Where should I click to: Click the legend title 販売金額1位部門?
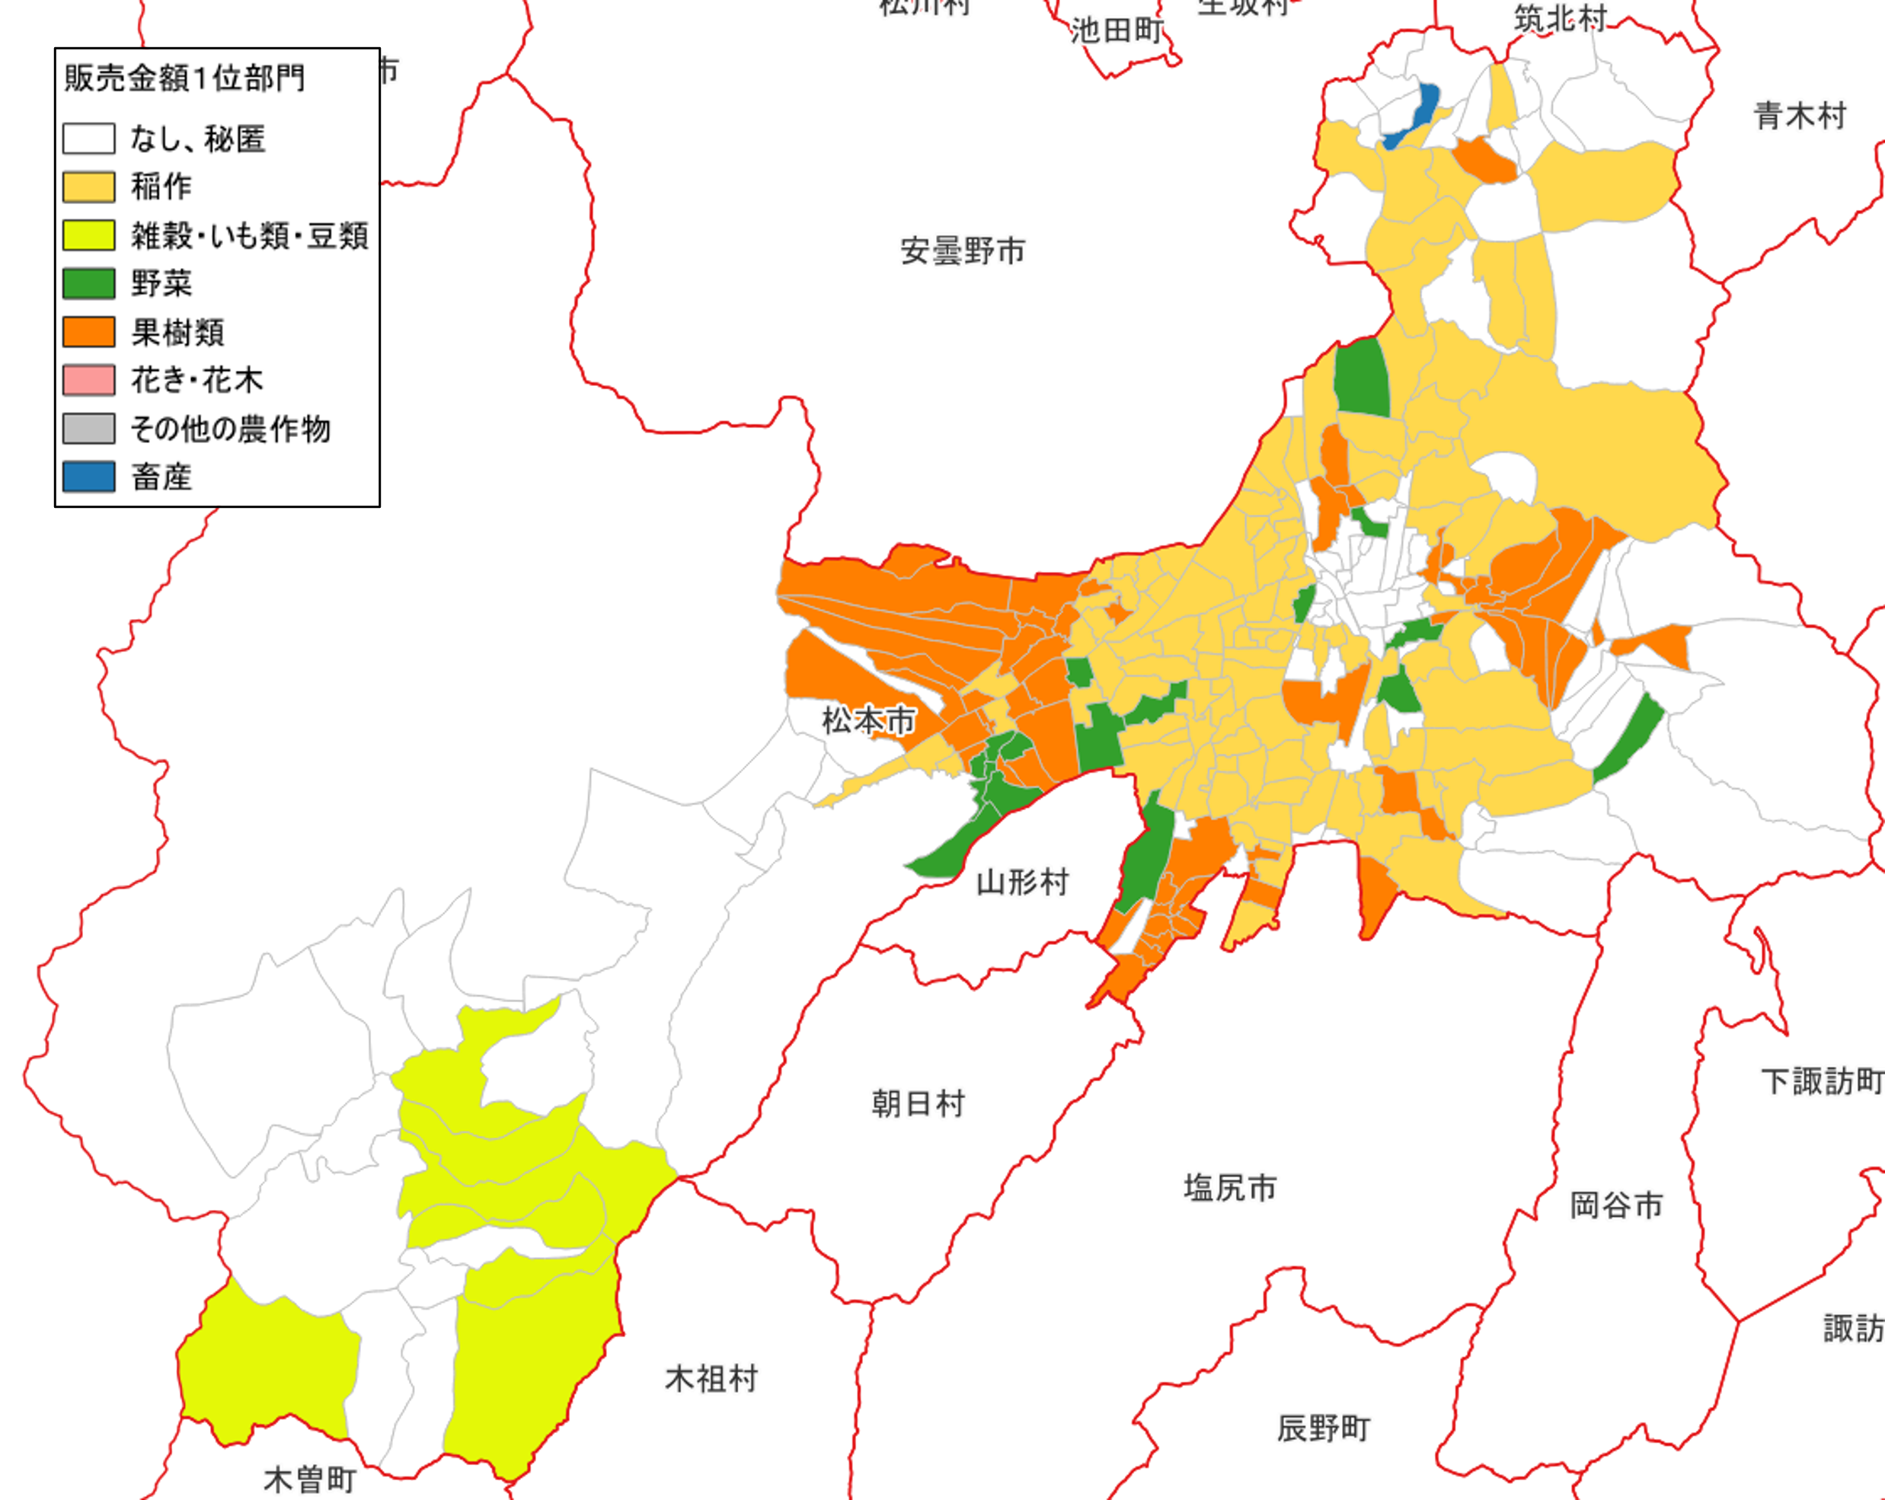click(184, 78)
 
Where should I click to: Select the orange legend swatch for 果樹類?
click(88, 332)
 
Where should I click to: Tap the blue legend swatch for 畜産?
click(88, 477)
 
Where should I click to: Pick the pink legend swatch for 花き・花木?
click(88, 380)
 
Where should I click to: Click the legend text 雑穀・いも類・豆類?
click(249, 235)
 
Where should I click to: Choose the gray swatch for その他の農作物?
click(88, 429)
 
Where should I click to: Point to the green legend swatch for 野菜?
click(88, 284)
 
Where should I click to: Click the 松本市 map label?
click(868, 721)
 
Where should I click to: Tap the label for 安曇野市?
click(963, 252)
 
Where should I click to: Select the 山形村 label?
click(1022, 882)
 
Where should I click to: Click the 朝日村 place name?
click(918, 1104)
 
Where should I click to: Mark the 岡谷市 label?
click(1615, 1206)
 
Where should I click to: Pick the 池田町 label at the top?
click(1117, 31)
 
